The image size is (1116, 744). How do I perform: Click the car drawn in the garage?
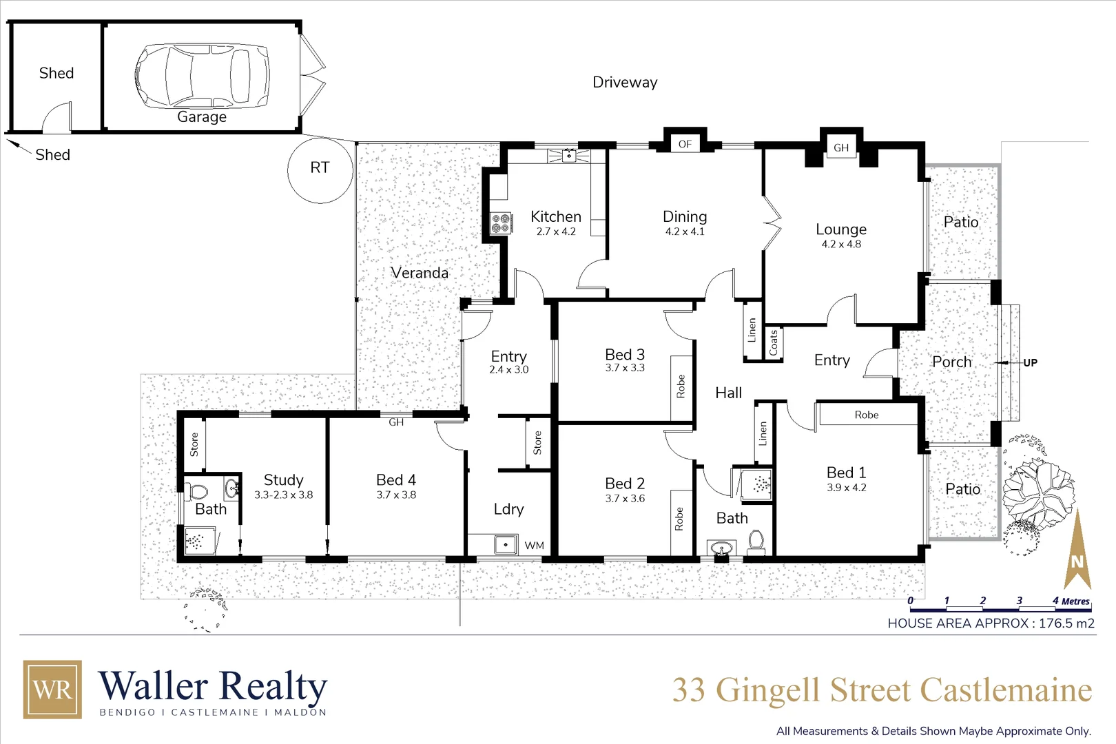coord(202,75)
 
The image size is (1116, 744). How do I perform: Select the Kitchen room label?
coord(555,216)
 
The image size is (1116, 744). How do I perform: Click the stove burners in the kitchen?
coord(501,223)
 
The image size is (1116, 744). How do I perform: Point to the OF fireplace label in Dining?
coord(685,144)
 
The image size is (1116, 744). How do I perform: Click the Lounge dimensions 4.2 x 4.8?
coord(841,244)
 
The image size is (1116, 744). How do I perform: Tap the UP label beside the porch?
coord(1030,362)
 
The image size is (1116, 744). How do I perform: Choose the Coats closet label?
coord(773,342)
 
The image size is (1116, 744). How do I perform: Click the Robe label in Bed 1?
coord(867,415)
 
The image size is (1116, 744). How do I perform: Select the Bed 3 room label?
coord(625,354)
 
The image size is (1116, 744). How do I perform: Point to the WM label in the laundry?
coord(535,546)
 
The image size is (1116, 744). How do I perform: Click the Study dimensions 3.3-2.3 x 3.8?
coord(283,495)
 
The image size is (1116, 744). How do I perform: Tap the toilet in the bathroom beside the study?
coord(198,492)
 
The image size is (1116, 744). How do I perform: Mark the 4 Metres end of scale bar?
coord(1071,601)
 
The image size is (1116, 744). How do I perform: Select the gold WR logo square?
coord(52,690)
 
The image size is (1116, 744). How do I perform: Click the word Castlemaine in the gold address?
coord(1006,690)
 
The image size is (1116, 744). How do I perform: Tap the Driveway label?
coord(625,83)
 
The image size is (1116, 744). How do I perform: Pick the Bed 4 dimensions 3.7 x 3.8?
coord(396,495)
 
